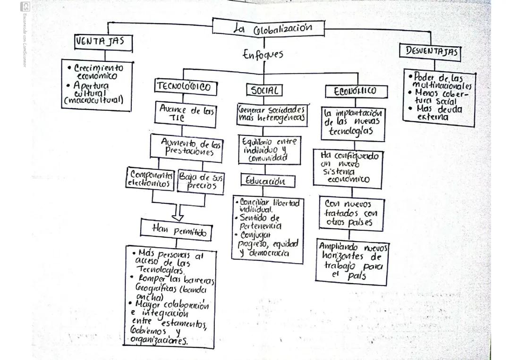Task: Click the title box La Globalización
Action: point(268,27)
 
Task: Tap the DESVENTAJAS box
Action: point(430,51)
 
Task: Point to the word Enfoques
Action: point(263,54)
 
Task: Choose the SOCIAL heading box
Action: point(264,90)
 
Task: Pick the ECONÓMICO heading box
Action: point(356,91)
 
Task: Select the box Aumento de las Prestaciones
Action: point(187,147)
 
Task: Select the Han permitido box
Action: point(175,230)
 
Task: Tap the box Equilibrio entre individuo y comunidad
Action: point(269,150)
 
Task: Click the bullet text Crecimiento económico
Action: point(98,72)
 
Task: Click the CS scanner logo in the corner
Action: point(25,7)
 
